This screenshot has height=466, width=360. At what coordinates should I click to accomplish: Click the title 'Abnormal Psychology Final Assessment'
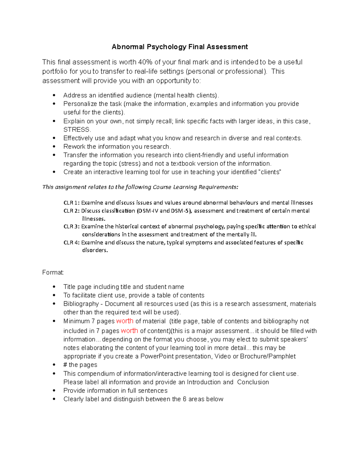pos(180,47)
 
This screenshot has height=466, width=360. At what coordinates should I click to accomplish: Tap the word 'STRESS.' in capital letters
pos(77,130)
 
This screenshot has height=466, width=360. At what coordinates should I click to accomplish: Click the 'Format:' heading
pos(53,272)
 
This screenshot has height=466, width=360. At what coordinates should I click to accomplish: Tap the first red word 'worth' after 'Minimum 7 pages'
pos(125,321)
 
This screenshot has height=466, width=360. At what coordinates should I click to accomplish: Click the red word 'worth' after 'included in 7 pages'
pos(130,331)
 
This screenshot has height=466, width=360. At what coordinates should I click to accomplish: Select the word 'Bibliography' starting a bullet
pos(81,304)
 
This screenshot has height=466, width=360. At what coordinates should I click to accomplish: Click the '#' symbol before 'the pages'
pos(65,365)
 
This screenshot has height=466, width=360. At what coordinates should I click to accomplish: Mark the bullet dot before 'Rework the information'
pos(54,147)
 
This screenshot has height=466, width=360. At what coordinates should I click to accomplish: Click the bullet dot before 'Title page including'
pos(54,287)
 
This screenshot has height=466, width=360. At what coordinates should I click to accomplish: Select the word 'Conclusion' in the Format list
pos(253,382)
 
